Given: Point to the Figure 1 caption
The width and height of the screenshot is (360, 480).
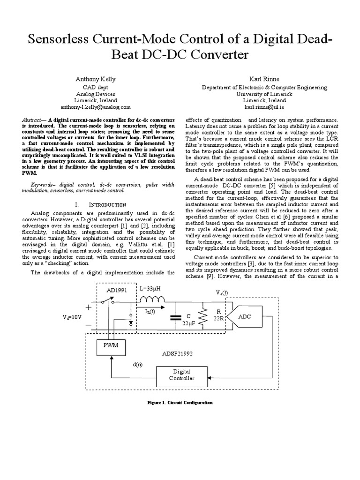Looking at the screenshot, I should (180, 402).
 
